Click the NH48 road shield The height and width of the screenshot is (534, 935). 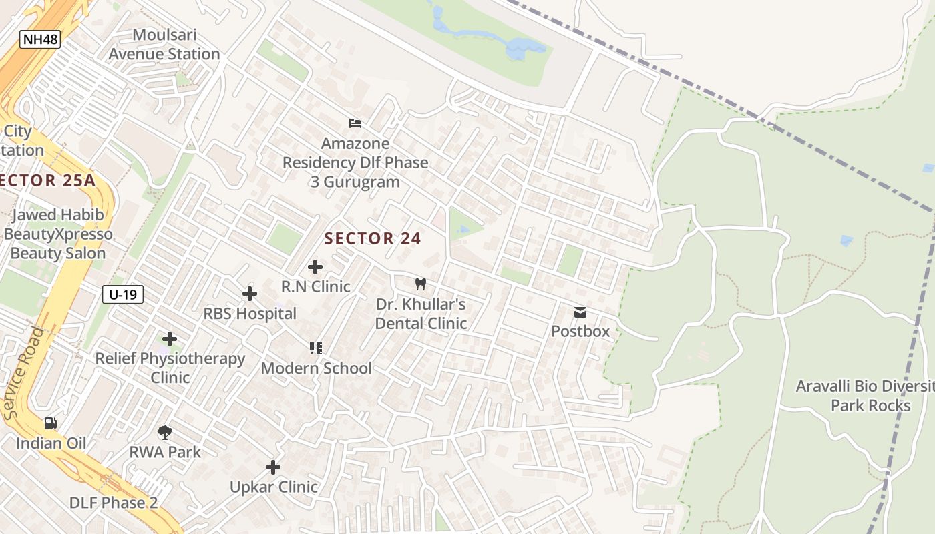40,39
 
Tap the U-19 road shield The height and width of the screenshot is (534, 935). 123,294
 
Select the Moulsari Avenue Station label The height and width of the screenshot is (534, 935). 164,45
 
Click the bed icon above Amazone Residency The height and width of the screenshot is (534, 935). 355,123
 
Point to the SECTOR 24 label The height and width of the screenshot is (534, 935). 373,238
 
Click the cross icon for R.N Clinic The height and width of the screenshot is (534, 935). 315,268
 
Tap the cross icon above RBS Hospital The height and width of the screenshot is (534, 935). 250,294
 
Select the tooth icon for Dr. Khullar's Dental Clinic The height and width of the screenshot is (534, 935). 421,284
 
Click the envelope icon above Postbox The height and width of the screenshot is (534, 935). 580,312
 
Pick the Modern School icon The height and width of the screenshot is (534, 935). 316,348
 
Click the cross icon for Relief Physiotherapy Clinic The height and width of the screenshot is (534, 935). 170,339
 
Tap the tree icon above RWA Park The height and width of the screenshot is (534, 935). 165,433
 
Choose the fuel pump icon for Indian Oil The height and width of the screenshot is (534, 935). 51,423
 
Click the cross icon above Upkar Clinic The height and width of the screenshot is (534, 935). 273,467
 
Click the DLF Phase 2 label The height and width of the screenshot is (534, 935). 114,503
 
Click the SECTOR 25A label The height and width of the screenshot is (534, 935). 47,180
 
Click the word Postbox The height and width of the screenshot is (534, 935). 580,331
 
